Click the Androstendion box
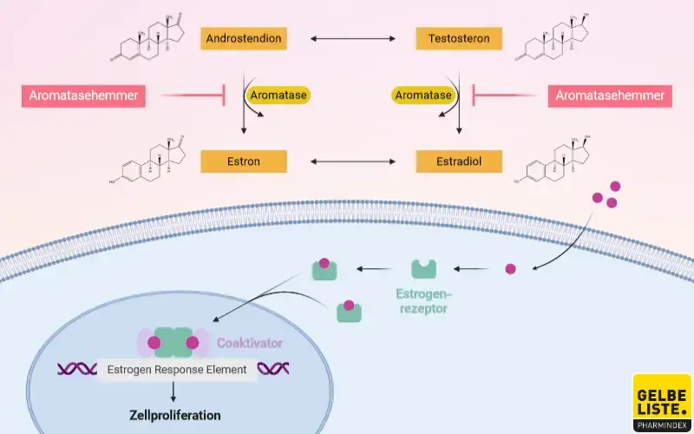coord(244,39)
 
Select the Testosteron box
coord(459,39)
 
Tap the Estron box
coord(244,161)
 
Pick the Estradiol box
coord(459,161)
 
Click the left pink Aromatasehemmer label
coord(83,95)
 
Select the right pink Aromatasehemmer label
coord(610,95)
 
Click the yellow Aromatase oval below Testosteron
coord(423,95)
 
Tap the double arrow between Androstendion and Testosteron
coord(351,39)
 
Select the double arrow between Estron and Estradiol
coord(351,161)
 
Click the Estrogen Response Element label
coord(176,370)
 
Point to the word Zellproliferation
coord(176,415)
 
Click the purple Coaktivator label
coord(250,344)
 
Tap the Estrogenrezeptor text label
coord(423,299)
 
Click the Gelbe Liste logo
coord(662,402)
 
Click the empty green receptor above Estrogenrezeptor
coord(423,269)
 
